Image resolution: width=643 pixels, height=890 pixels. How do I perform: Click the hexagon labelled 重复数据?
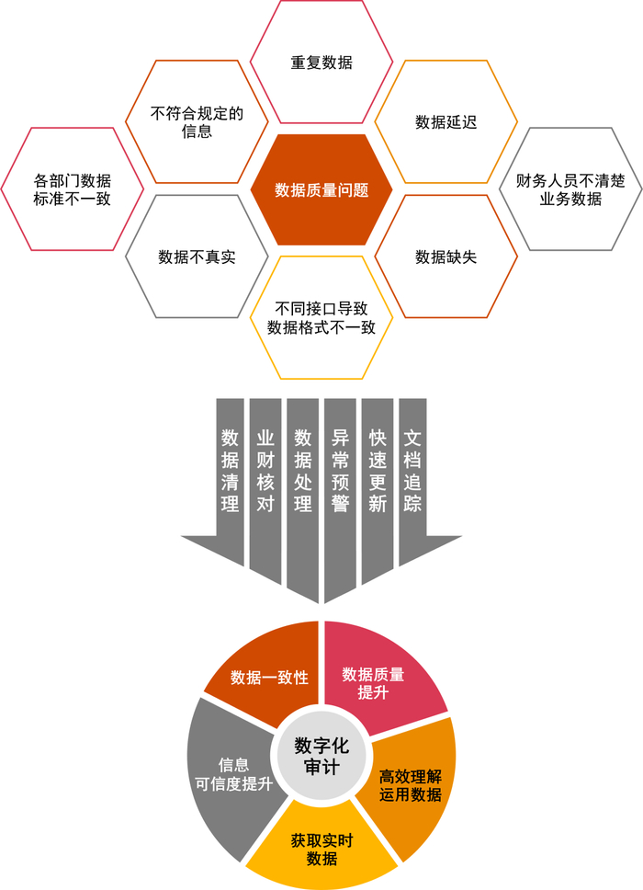(321, 63)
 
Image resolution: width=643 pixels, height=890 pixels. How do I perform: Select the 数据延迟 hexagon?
(446, 122)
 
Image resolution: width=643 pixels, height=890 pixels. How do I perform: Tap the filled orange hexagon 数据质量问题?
(321, 190)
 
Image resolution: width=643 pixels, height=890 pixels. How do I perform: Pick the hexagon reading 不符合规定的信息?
(197, 122)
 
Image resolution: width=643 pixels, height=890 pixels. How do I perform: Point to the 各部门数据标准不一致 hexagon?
(72, 189)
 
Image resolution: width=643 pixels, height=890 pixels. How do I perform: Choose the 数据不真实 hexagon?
(197, 257)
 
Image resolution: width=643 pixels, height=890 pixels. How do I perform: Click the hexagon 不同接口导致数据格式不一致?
(321, 317)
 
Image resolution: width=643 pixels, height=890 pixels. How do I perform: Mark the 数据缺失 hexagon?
(446, 257)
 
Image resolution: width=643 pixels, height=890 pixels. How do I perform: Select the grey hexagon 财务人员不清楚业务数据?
(570, 189)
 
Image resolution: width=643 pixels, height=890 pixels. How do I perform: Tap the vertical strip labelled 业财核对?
(265, 469)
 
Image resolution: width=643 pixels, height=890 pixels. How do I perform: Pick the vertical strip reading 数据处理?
(303, 469)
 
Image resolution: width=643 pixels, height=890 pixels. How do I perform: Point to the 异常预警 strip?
(340, 469)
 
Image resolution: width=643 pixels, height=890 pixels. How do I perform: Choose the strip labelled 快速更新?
(378, 469)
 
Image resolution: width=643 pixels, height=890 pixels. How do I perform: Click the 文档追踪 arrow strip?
(413, 469)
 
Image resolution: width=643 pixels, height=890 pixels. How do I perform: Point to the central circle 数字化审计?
(321, 755)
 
